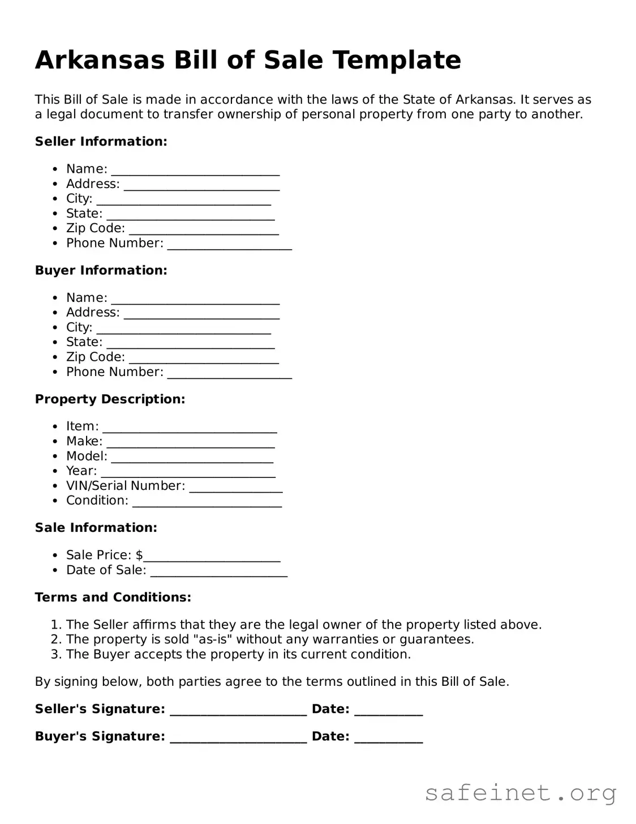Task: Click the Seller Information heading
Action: [x=101, y=142]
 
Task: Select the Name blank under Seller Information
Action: [x=195, y=170]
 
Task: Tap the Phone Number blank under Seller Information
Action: [x=229, y=244]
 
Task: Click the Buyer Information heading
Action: [x=101, y=270]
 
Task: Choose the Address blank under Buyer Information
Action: [x=201, y=313]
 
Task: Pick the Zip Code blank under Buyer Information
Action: [x=204, y=358]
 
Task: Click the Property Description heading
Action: [x=110, y=399]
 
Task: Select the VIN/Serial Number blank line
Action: [x=235, y=486]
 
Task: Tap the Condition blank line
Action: [x=207, y=501]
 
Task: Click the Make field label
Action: [x=84, y=441]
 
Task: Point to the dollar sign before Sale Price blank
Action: [x=139, y=555]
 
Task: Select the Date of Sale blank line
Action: [x=218, y=571]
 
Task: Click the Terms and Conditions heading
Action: [x=113, y=597]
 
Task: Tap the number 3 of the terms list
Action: [x=55, y=655]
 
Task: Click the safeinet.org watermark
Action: [x=520, y=793]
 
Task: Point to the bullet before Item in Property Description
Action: [x=55, y=427]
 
